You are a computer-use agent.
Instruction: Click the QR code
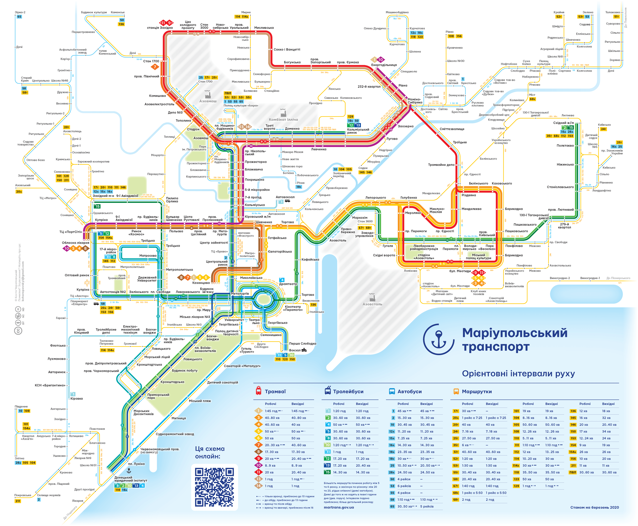[x=214, y=487]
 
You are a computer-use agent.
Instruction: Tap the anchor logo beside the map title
[x=438, y=339]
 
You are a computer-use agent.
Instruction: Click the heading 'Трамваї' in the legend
[x=275, y=391]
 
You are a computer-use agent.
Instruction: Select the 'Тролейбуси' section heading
[x=348, y=391]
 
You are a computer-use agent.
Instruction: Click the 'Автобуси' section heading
[x=409, y=391]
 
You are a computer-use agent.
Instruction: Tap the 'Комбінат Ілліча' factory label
[x=283, y=119]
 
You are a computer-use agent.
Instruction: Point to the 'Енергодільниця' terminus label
[x=384, y=65]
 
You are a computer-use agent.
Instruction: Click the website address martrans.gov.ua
[x=339, y=507]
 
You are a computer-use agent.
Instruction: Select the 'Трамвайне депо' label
[x=441, y=165]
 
